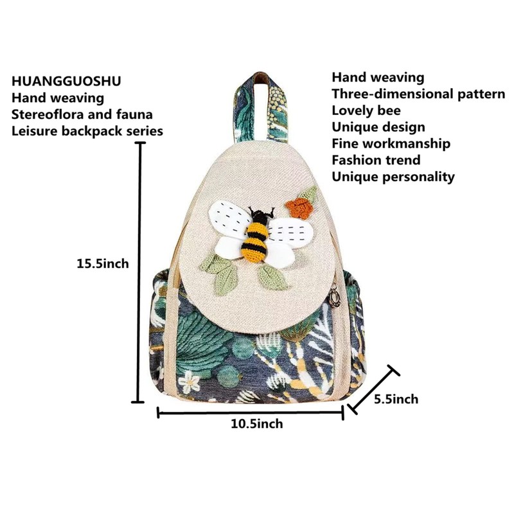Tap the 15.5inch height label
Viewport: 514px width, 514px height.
pyautogui.click(x=103, y=263)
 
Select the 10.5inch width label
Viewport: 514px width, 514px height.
pyautogui.click(x=256, y=423)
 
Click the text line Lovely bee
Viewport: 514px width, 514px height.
pyautogui.click(x=366, y=111)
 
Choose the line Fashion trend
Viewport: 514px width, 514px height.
pyautogui.click(x=376, y=160)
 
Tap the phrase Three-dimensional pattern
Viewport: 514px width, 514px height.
pyautogui.click(x=418, y=94)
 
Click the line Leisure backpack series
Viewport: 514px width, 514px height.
pyautogui.click(x=87, y=131)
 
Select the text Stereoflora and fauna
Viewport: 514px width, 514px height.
pyautogui.click(x=82, y=114)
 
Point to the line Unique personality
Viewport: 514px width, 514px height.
pyautogui.click(x=393, y=177)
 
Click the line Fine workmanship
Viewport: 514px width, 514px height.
pyautogui.click(x=391, y=143)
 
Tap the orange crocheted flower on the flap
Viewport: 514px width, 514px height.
pyautogui.click(x=299, y=206)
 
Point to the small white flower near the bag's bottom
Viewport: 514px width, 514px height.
pyautogui.click(x=190, y=382)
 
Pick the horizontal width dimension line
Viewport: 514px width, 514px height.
pyautogui.click(x=251, y=413)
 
